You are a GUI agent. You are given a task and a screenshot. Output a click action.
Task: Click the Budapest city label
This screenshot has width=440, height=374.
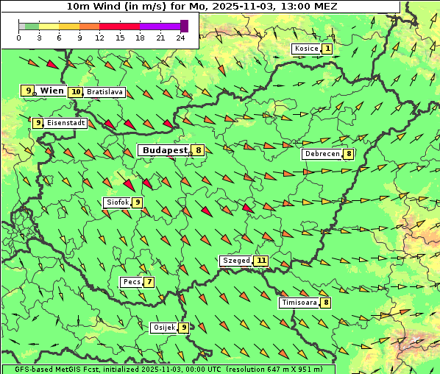[165, 149]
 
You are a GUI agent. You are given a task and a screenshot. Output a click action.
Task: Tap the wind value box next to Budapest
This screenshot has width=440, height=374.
[199, 150]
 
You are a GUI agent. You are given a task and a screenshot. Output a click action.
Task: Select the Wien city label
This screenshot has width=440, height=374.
[52, 91]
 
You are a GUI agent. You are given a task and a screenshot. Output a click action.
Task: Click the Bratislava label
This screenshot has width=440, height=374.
[104, 92]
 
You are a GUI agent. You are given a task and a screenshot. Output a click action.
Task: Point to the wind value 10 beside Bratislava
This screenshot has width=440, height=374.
[76, 92]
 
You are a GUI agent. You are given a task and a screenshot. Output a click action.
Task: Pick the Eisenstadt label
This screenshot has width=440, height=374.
[66, 123]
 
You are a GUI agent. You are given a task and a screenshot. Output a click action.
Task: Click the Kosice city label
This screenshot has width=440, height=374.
[305, 49]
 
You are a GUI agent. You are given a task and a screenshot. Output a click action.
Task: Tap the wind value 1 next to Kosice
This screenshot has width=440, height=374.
[327, 49]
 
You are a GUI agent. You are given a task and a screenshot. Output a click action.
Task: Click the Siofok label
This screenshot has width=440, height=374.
[117, 202]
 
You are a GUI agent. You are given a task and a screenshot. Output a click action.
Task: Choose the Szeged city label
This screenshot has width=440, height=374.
[236, 261]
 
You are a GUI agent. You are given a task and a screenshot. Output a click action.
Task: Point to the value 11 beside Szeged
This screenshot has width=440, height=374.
[261, 261]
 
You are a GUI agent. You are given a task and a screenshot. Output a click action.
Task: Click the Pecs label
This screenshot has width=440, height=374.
[132, 282]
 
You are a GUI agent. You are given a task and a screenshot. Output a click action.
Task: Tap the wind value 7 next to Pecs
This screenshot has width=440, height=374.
[149, 282]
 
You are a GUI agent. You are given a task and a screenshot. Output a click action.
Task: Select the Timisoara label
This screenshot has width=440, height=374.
[299, 303]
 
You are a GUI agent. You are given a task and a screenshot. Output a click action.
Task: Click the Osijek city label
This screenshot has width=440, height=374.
[163, 328]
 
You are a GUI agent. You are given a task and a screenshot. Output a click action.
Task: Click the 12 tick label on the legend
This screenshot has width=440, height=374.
[99, 38]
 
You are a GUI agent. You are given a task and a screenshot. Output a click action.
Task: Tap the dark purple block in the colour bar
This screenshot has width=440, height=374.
[184, 26]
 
